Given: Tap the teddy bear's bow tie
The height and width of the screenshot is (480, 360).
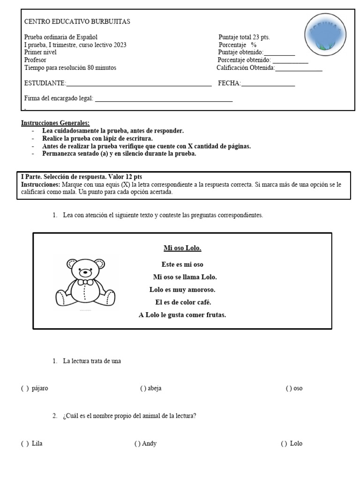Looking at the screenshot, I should (x=85, y=282).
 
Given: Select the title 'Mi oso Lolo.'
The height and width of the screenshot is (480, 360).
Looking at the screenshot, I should (x=182, y=248).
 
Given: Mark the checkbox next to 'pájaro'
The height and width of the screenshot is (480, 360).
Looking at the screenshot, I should (x=25, y=388).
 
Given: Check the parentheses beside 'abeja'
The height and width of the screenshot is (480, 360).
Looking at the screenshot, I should (x=142, y=388).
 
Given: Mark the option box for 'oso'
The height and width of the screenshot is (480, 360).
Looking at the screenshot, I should (x=289, y=388).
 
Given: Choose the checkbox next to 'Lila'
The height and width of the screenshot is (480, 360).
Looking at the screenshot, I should (x=25, y=443).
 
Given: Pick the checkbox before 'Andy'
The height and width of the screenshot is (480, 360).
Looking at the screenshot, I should (x=137, y=443).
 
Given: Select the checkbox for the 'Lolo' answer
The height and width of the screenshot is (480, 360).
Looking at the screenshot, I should (x=284, y=443).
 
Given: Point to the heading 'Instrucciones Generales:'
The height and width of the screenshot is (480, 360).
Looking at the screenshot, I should (x=55, y=123).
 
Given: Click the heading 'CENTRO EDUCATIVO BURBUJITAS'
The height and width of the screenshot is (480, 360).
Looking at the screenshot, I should (x=77, y=22).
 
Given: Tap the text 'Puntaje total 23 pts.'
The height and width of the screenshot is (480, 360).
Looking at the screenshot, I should (x=244, y=37).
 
